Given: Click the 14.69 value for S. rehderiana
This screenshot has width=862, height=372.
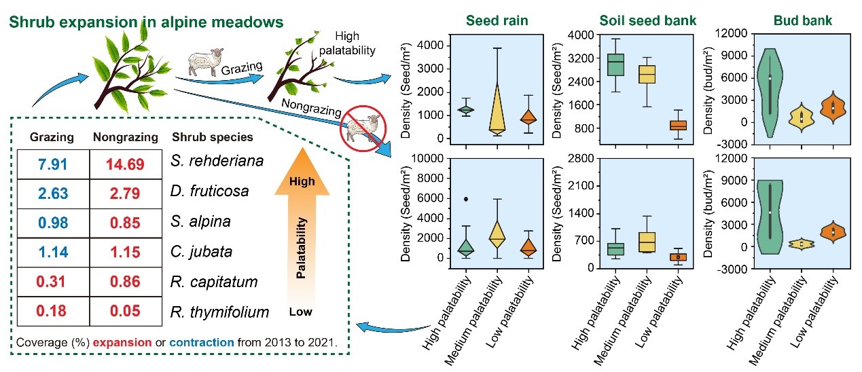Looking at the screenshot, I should click(x=124, y=164).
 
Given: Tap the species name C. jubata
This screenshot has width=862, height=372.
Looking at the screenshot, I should click(x=201, y=252).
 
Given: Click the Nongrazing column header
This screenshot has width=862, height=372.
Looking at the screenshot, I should click(x=125, y=137).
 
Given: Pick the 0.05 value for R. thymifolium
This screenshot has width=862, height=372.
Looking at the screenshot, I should click(x=124, y=312).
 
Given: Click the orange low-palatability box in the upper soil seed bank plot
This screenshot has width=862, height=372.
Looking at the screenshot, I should click(x=659, y=125).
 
